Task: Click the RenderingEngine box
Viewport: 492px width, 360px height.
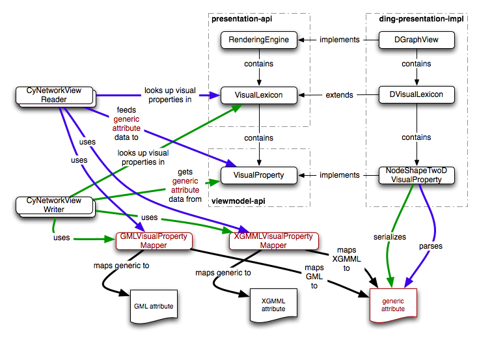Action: (x=258, y=40)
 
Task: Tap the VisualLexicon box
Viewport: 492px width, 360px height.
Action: (x=258, y=95)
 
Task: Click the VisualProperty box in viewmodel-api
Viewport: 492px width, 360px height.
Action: (x=258, y=175)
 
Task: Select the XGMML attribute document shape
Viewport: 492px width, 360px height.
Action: (x=273, y=304)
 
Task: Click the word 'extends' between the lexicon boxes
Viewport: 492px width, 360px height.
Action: (x=339, y=95)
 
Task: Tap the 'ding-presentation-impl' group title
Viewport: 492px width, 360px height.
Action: (x=420, y=20)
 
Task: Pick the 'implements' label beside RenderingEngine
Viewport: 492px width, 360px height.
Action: (x=339, y=40)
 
